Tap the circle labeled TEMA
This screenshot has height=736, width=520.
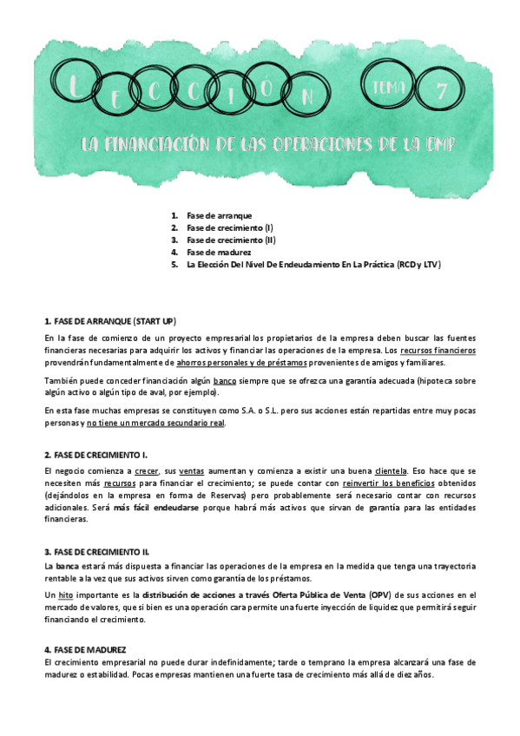tap(388, 86)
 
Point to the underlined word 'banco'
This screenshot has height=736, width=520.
tap(225, 381)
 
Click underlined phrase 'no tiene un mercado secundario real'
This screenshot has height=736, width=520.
tap(155, 423)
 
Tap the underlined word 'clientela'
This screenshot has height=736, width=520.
tap(392, 470)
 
